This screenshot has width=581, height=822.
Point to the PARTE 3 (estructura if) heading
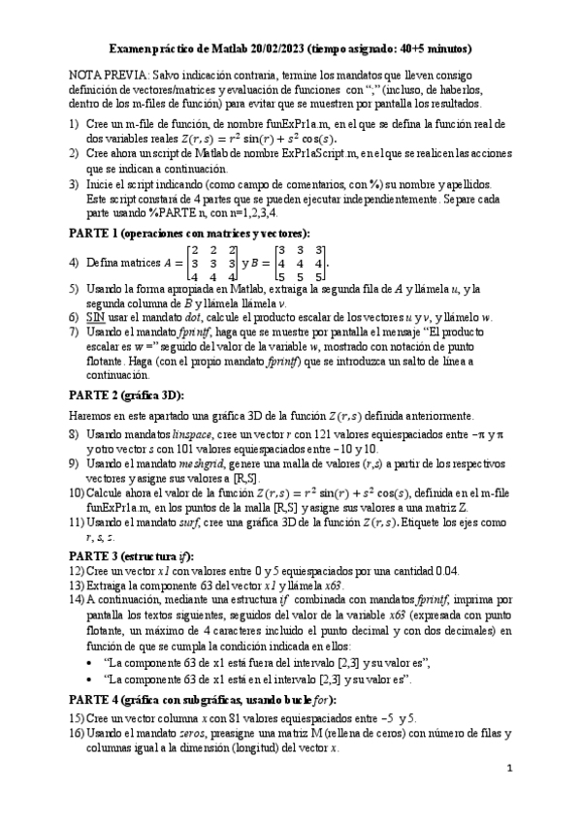[130, 555]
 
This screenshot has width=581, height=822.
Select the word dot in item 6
[193, 317]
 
